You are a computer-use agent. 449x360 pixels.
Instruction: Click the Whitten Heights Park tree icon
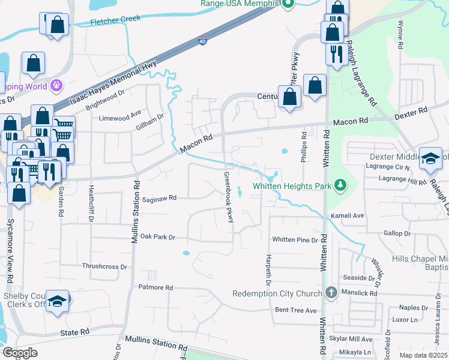click(341, 185)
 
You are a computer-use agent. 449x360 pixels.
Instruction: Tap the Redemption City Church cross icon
click(331, 293)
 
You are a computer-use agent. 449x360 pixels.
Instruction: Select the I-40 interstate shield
click(202, 41)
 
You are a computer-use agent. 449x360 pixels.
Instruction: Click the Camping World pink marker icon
click(57, 86)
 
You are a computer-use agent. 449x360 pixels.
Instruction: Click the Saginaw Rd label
click(160, 197)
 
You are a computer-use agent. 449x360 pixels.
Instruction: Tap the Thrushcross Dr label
click(105, 266)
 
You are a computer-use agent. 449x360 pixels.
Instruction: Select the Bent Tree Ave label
click(295, 310)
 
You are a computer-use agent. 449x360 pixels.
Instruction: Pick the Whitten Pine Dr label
click(295, 240)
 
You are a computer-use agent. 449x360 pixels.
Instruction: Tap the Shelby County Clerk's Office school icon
click(58, 301)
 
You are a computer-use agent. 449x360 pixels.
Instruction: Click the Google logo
click(20, 353)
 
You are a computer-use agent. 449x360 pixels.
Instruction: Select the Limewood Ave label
click(119, 112)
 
